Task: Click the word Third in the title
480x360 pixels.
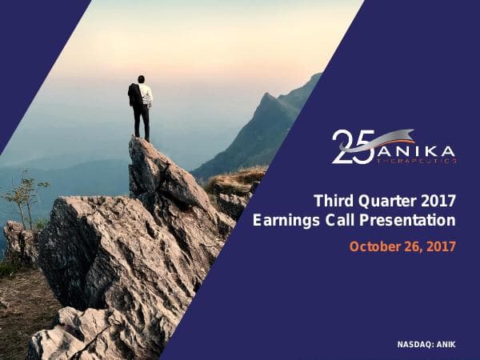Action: pyautogui.click(x=332, y=200)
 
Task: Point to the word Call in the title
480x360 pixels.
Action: pyautogui.click(x=338, y=220)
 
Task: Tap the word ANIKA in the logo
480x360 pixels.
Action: pyautogui.click(x=416, y=150)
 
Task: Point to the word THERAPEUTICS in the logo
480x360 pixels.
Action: pyautogui.click(x=416, y=161)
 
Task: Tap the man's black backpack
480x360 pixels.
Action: pyautogui.click(x=134, y=96)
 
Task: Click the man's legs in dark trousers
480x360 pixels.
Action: pyautogui.click(x=142, y=124)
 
